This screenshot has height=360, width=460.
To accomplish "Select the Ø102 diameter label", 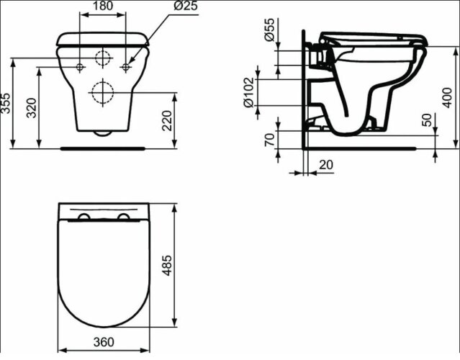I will tap(250, 92).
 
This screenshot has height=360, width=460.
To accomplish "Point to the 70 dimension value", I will tap(269, 140).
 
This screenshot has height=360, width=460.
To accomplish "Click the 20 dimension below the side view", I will tap(325, 165).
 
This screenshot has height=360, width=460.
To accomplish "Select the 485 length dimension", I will tap(187, 265).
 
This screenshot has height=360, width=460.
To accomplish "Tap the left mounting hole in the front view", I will tap(80, 67).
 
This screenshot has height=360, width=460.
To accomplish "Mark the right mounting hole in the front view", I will tap(127, 67).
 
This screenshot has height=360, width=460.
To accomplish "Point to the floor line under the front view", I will tap(104, 148).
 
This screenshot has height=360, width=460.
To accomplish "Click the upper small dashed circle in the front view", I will tap(104, 58).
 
